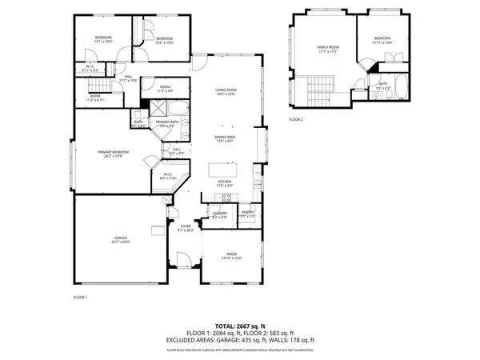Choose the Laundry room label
point(219,214)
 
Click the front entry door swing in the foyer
point(182,261)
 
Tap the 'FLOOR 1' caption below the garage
point(79,297)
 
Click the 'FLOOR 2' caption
point(297,119)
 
